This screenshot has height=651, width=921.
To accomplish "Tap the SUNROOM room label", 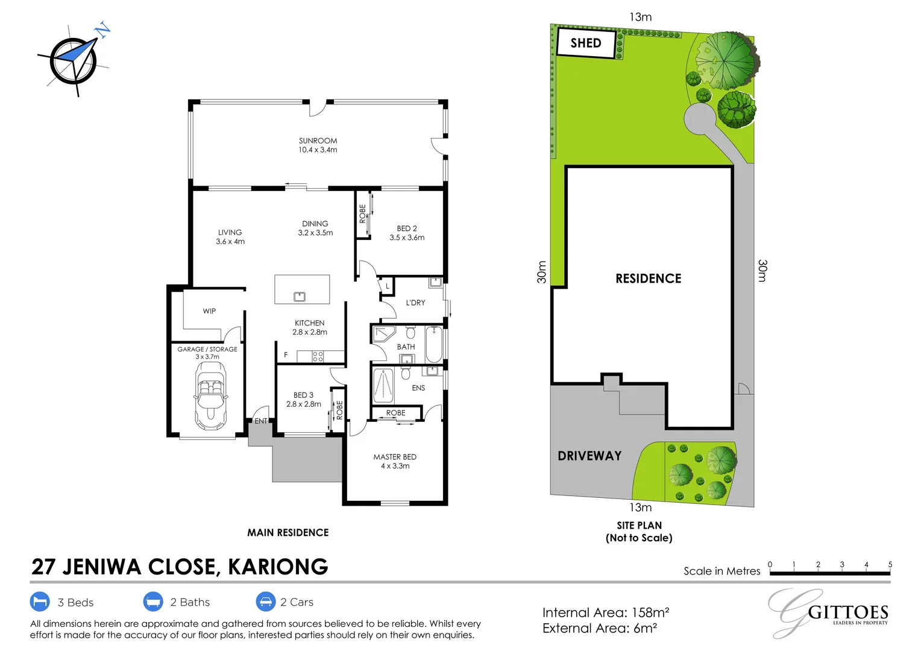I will point(318,140).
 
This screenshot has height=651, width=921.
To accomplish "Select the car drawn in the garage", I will point(210,395).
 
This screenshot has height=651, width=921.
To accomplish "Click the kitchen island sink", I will point(299,296).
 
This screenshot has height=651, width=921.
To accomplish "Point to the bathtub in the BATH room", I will point(434,344).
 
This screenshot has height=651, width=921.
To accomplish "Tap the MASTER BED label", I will point(395,457).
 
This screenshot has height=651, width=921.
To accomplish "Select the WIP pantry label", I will point(209,311).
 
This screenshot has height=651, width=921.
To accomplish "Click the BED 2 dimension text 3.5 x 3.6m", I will point(407,237).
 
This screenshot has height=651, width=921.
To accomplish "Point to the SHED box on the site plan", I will point(585,43).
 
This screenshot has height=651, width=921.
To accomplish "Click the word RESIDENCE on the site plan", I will point(648,278).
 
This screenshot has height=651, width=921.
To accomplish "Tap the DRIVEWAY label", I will point(589,456).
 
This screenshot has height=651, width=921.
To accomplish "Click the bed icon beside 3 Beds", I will point(40,602).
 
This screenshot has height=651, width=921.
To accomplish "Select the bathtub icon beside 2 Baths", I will point(153,602).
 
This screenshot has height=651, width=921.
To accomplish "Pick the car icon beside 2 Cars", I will point(265,602).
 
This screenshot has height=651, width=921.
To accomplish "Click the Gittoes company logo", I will point(829,612).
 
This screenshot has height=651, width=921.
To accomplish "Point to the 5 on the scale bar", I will point(890,565).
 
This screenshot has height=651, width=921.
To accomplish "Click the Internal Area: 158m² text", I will point(605,612).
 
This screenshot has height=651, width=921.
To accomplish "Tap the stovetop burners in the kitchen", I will point(318,356).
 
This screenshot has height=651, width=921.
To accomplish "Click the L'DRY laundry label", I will point(415,303).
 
